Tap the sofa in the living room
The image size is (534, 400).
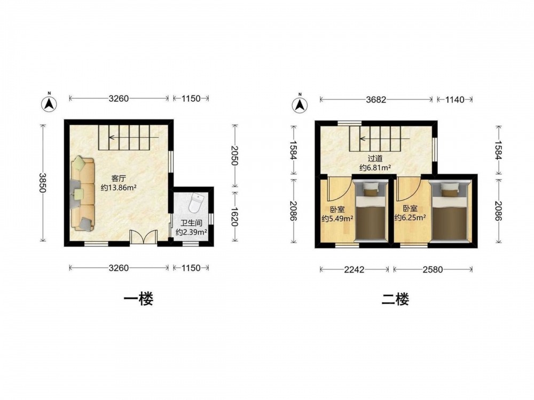[83, 194]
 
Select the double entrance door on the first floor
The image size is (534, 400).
[144, 237]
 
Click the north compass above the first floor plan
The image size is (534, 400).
[49, 103]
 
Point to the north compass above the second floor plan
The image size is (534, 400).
[300, 105]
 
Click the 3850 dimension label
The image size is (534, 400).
[42, 183]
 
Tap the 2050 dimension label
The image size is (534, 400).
[234, 155]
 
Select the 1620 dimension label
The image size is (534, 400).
[234, 217]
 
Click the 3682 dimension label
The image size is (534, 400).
[376, 100]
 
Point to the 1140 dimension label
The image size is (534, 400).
[455, 100]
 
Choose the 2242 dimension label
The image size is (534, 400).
[354, 270]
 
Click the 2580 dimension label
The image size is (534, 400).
[433, 270]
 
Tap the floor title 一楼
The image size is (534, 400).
[138, 299]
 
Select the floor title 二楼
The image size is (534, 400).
[395, 299]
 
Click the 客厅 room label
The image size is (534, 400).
[119, 178]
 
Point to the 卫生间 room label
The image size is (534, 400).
[191, 223]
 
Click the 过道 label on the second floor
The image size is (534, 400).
[375, 158]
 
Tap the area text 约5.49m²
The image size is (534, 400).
[337, 218]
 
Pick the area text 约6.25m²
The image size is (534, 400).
[410, 218]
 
